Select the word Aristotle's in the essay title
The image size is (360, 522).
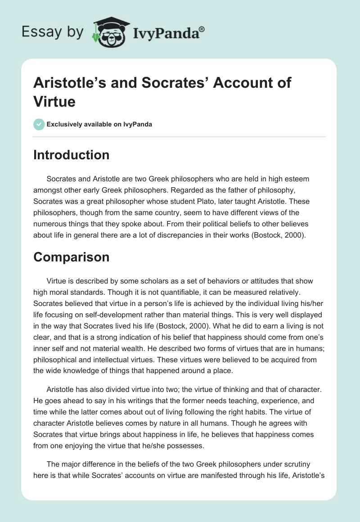pos(68,83)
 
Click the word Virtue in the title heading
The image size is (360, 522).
pos(54,101)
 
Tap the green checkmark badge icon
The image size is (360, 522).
pos(39,124)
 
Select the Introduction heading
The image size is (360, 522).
pos(72,155)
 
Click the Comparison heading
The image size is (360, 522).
pos(72,257)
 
